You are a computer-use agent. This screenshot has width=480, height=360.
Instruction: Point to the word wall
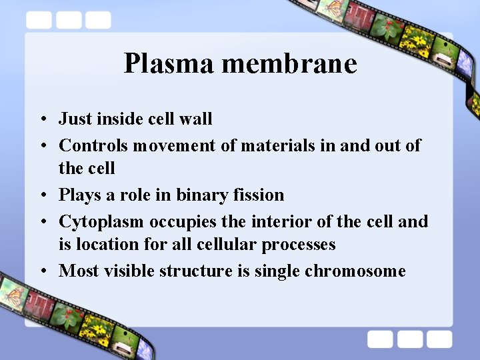(x=196, y=119)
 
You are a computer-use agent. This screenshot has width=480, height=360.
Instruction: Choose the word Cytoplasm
(x=101, y=221)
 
